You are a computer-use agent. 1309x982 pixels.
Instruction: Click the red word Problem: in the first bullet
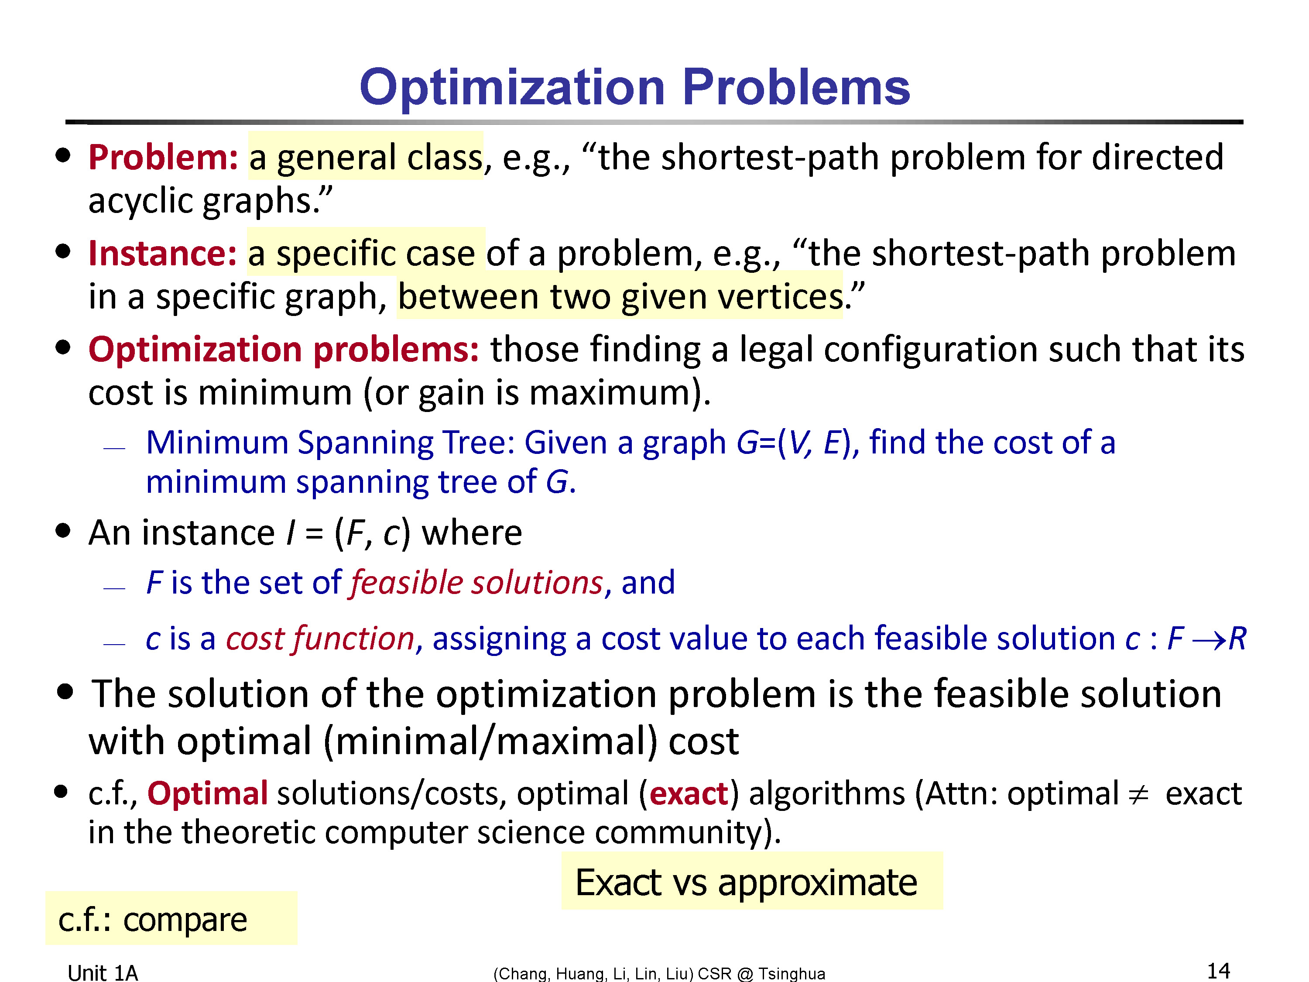pyautogui.click(x=163, y=158)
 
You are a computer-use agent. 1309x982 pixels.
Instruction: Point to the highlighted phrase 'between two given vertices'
pyautogui.click(x=620, y=296)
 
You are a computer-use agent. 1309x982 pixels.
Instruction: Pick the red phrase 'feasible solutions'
pyautogui.click(x=477, y=583)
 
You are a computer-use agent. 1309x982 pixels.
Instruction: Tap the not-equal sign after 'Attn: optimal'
pyautogui.click(x=1138, y=794)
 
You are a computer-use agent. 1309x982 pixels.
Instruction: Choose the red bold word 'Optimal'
pyautogui.click(x=208, y=794)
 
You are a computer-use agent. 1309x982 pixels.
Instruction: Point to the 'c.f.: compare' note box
pyautogui.click(x=171, y=918)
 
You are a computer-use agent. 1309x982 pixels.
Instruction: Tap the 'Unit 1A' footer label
pyautogui.click(x=103, y=972)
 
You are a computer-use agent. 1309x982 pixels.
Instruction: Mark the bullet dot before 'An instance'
pyautogui.click(x=63, y=530)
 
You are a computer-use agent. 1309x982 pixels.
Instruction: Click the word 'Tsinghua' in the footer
pyautogui.click(x=792, y=974)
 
